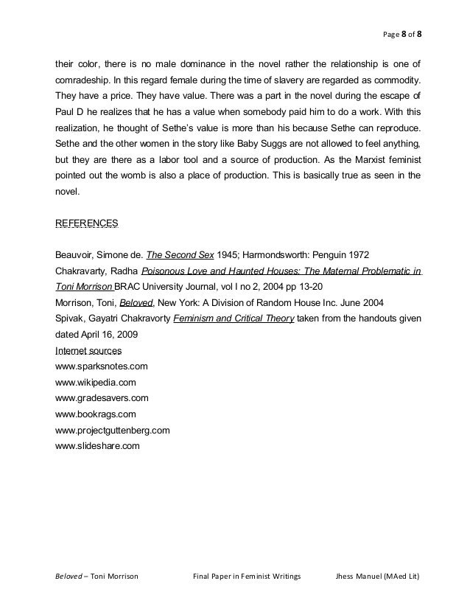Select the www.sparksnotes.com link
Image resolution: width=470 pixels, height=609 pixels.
pos(102,366)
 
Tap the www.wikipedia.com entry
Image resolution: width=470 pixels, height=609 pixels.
pos(96,382)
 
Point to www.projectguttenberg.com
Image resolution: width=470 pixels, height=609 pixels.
pos(113,430)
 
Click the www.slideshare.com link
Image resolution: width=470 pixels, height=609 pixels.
pos(98,446)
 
